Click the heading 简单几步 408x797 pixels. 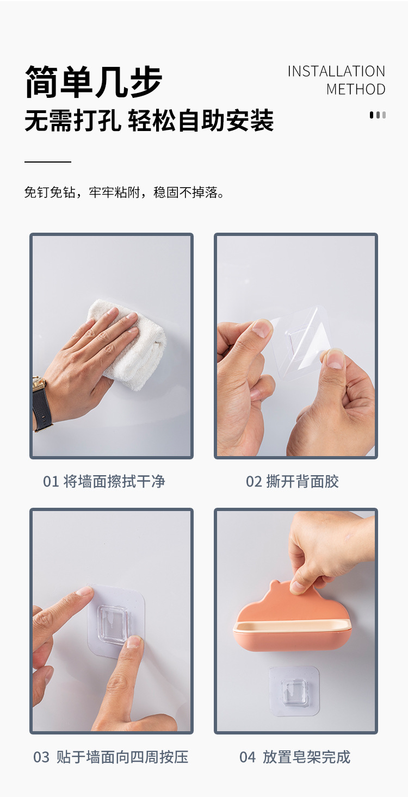point(94,82)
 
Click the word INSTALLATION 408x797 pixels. point(336,72)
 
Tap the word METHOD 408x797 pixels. point(356,90)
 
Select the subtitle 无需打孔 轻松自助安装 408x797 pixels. point(149,120)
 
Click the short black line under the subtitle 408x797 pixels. point(48,161)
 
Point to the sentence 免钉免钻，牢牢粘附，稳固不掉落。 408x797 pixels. point(125,192)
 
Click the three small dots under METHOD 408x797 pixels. point(378,115)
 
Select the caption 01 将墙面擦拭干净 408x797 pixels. point(104,482)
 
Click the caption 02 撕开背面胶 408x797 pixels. point(292,482)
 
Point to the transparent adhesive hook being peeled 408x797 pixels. point(296,345)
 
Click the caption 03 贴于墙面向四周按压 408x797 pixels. point(111,757)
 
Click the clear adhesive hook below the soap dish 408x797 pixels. point(294,690)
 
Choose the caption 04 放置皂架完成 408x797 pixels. point(295,757)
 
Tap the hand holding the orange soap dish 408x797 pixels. point(326,549)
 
